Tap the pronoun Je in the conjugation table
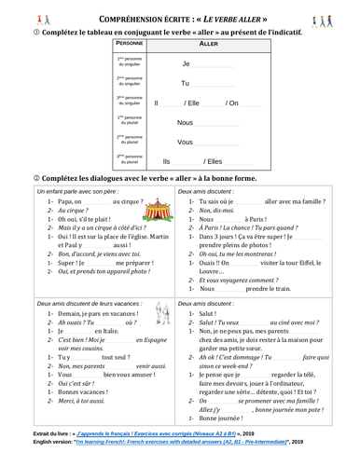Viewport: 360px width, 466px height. pos(186,63)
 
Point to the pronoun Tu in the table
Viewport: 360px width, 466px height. pos(185,83)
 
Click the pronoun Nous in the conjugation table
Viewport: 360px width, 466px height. pos(185,122)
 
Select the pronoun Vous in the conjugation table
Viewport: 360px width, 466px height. pos(185,142)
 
